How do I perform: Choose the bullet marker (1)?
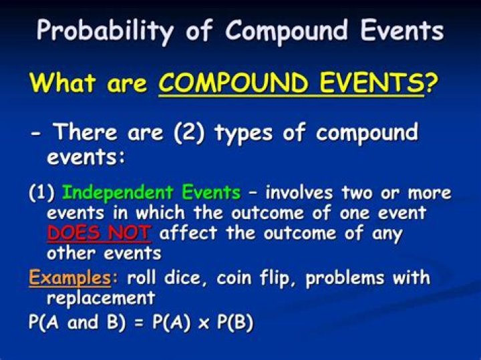41,194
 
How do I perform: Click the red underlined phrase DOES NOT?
100,234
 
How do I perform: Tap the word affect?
190,234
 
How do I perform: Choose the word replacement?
101,297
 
